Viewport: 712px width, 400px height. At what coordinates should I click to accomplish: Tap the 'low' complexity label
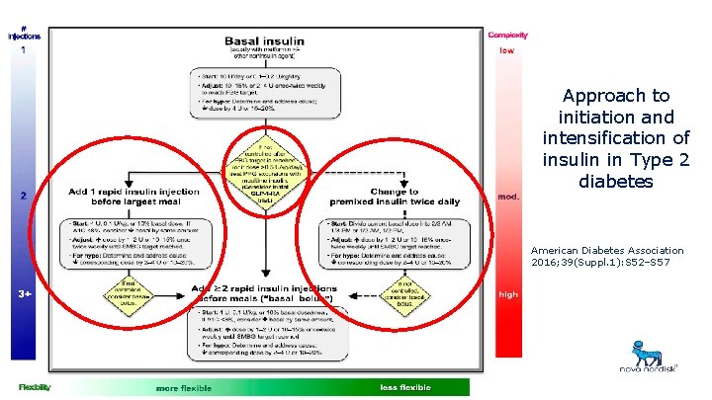pos(507,50)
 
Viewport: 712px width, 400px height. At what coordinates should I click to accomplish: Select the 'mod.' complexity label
pos(509,196)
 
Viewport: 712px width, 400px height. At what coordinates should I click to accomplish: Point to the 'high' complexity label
pos(508,293)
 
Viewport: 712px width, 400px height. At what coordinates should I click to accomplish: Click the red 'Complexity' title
pos(507,36)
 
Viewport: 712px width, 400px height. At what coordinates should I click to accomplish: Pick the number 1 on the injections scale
pos(24,50)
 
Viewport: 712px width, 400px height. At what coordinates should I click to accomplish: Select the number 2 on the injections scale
pos(24,196)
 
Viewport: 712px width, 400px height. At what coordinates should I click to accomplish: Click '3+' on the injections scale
pos(25,293)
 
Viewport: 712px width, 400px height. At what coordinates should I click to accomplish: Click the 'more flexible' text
pos(183,387)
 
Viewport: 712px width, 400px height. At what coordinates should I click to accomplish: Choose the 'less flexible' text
pos(406,387)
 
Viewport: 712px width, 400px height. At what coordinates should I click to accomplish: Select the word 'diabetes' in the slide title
pos(616,183)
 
